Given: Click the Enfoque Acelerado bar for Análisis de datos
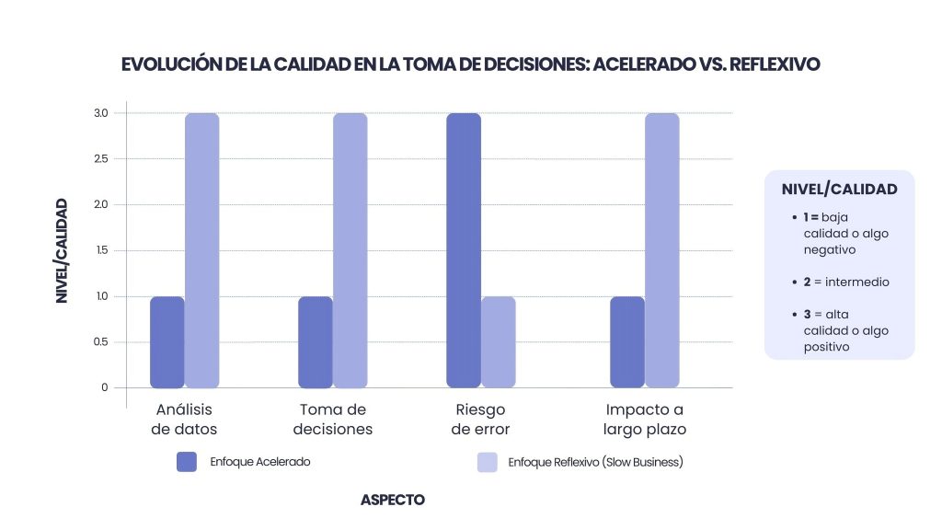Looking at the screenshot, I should pos(167,341).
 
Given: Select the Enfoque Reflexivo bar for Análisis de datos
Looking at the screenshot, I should pos(202,250).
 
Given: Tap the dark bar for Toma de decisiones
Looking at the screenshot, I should pos(316,341).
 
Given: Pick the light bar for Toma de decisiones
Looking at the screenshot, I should pos(350,250).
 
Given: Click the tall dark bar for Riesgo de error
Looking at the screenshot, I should pos(464,250).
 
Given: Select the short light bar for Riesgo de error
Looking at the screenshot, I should pos(499,341).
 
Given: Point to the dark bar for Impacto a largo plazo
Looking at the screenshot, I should pos(627,341).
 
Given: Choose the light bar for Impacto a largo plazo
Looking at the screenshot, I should pos(662,250).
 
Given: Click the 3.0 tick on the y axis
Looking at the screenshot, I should pos(100,113).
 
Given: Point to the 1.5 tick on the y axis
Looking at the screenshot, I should pos(100,250).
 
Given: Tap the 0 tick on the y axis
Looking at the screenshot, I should pos(105,387).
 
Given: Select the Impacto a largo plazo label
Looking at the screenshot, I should pos(645,419).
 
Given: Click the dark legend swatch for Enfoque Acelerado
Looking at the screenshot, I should pos(187,462).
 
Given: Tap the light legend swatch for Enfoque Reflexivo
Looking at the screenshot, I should pos(488,462).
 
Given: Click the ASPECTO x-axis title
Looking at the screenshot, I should pos(393,500).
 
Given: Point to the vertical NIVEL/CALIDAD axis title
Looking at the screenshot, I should pos(62,250).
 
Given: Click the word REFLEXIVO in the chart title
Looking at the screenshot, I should pos(774,64).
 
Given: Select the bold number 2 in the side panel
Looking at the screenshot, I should pos(807,282).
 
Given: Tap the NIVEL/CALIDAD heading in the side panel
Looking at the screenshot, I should pos(839,190).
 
